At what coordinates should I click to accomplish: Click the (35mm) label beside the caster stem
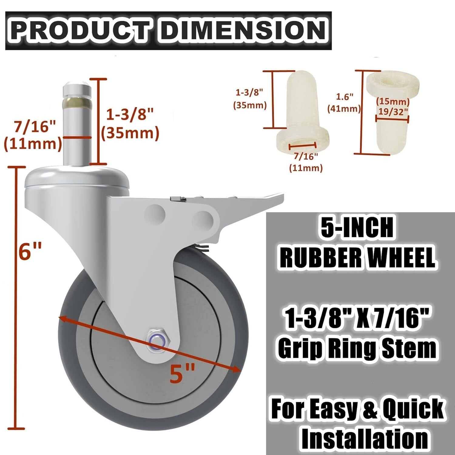(130, 133)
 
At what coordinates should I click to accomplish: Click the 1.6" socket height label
(344, 97)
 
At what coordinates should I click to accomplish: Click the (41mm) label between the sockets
(344, 109)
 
